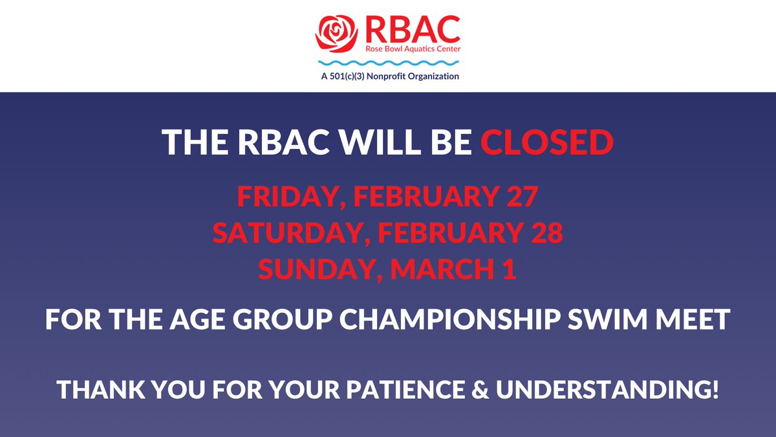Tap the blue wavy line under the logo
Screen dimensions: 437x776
pos(388,63)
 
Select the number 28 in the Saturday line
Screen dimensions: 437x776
pos(548,233)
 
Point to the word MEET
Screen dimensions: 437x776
pos(699,320)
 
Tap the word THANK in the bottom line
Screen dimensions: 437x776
pos(96,390)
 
